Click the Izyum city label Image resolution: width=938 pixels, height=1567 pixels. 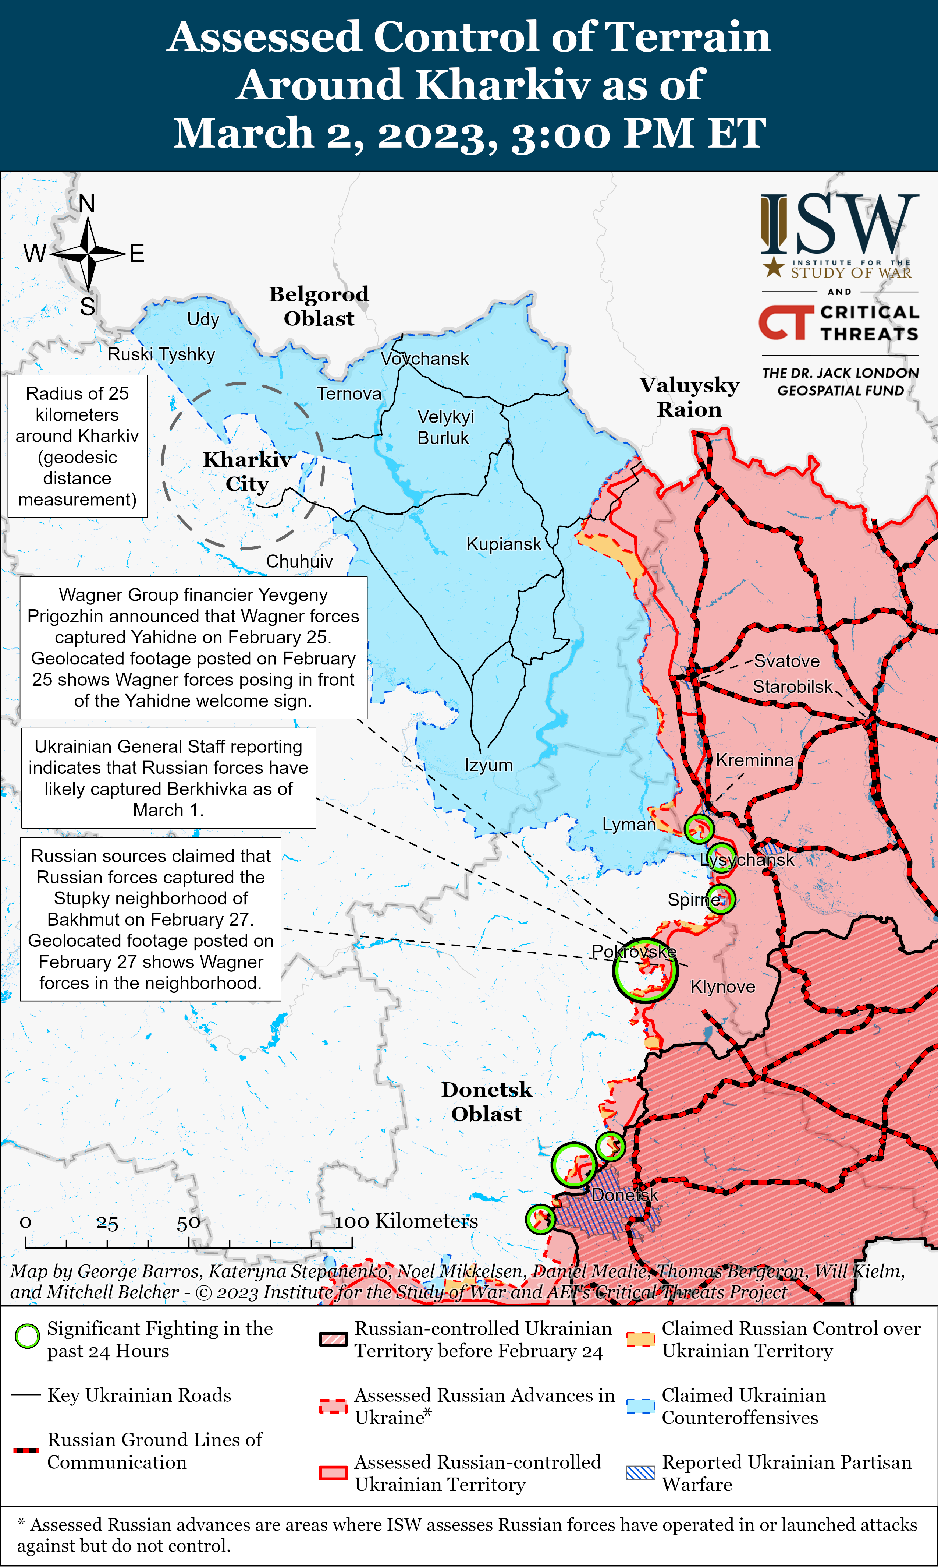pyautogui.click(x=488, y=765)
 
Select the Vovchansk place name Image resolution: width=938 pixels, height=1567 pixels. pyautogui.click(x=425, y=359)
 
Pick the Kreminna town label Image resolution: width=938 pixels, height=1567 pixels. pyautogui.click(x=755, y=760)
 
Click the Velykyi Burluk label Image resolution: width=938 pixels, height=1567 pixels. pyautogui.click(x=445, y=427)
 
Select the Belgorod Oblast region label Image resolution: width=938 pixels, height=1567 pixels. pyautogui.click(x=319, y=306)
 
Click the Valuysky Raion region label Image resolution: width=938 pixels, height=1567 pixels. pyautogui.click(x=689, y=397)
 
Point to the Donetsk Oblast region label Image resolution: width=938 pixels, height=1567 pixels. pyautogui.click(x=487, y=1102)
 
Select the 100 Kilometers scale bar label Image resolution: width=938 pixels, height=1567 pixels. pyautogui.click(x=406, y=1221)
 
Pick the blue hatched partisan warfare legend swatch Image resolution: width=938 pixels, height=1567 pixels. pyautogui.click(x=640, y=1472)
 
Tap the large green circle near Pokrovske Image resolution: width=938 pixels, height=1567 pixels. pyautogui.click(x=645, y=970)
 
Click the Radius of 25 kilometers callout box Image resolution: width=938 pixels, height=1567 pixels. pyautogui.click(x=77, y=447)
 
